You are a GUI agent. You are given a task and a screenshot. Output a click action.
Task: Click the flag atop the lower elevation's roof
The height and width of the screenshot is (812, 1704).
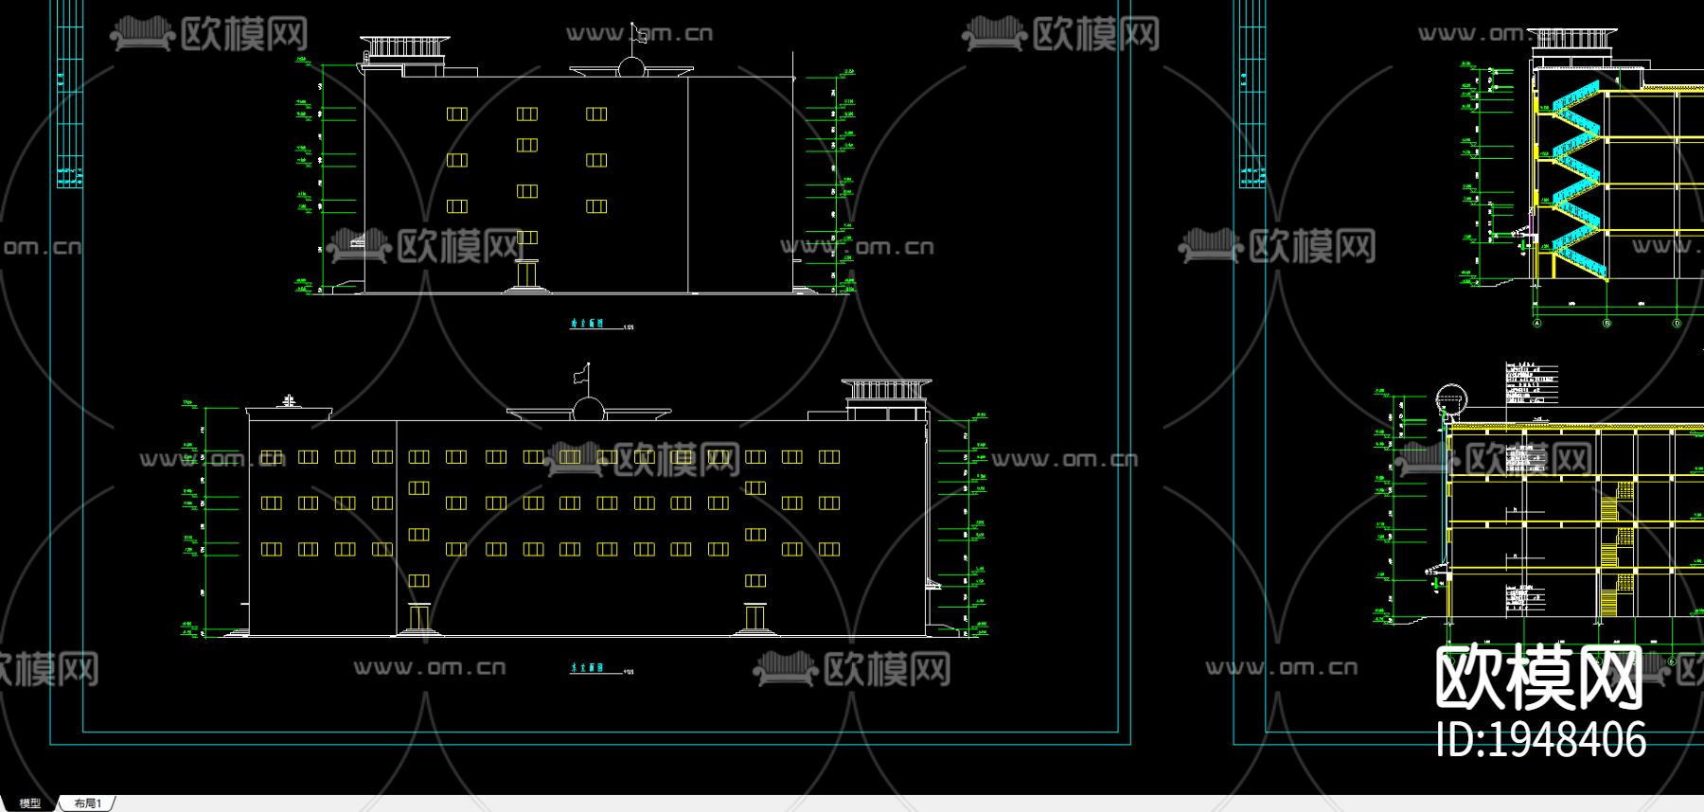[581, 375]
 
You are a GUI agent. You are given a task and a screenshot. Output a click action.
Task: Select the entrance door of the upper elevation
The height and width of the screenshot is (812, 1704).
[527, 274]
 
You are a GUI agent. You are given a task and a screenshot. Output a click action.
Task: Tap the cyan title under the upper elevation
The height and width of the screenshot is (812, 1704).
[588, 324]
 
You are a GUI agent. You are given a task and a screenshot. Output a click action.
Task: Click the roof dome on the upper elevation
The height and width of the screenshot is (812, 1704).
[630, 67]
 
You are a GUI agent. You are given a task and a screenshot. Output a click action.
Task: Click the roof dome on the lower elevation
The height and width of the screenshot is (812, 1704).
[588, 409]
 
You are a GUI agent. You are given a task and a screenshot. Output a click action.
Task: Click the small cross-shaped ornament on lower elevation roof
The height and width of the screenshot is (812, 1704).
[289, 401]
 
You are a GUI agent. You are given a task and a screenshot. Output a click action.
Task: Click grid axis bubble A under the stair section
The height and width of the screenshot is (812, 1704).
[1536, 323]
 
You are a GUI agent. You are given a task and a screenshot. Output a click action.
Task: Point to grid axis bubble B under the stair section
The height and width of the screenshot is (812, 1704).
[1606, 323]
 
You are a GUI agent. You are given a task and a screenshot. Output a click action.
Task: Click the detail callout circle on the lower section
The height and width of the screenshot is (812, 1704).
[1449, 398]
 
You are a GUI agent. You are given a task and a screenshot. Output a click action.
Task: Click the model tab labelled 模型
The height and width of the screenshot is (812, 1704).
[30, 803]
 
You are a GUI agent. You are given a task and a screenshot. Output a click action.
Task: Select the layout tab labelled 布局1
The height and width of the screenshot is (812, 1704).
[88, 803]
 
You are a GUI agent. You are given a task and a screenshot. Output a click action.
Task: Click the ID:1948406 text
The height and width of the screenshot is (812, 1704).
[1540, 739]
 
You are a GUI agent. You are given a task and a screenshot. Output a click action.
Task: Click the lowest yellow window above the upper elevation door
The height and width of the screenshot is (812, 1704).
[527, 238]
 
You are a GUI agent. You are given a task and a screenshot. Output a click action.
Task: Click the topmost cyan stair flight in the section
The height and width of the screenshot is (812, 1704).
[1573, 97]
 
